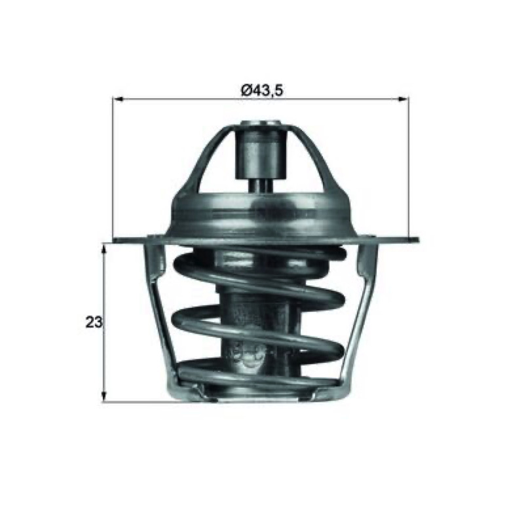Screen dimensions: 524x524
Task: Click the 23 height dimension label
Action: (x=94, y=323)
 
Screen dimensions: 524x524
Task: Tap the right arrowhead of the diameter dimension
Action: (x=403, y=99)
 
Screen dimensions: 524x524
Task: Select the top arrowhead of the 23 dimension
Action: (x=104, y=249)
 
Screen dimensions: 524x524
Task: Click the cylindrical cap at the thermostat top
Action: (x=261, y=150)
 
